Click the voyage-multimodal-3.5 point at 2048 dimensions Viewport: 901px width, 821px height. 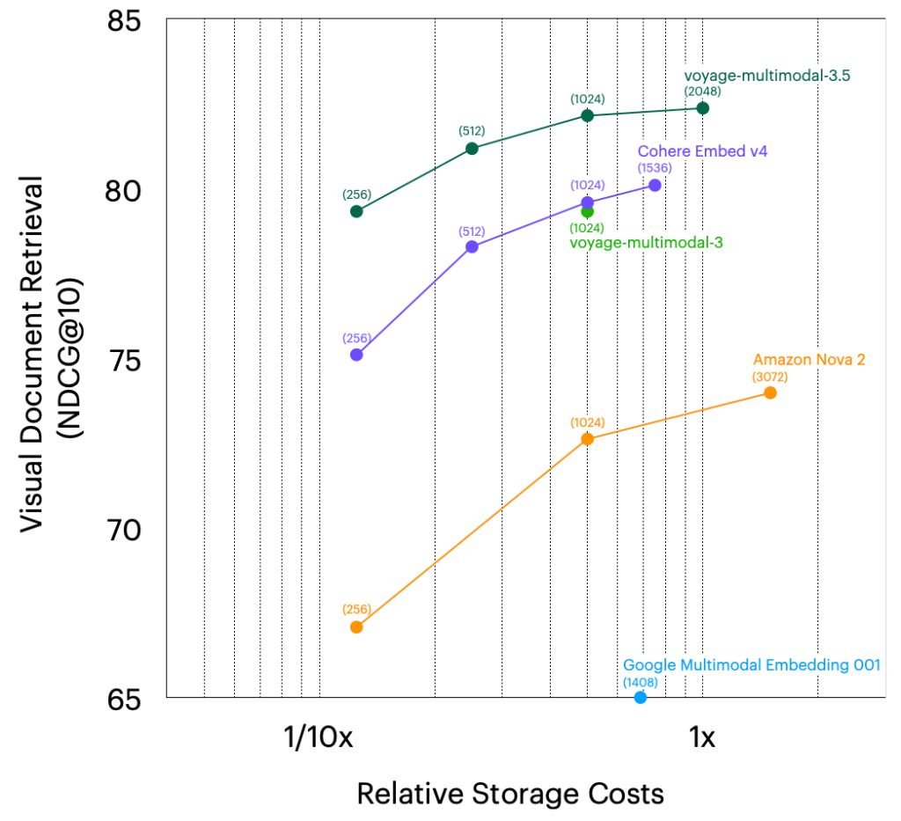coord(702,107)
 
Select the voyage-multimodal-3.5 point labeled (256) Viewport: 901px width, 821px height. coord(356,211)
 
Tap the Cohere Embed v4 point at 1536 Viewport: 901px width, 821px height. coord(654,185)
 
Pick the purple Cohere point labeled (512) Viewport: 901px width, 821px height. coord(472,246)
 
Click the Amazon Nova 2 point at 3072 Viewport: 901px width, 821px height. coord(770,392)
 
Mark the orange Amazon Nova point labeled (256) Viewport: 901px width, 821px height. coord(356,627)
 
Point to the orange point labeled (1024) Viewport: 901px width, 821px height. coord(587,438)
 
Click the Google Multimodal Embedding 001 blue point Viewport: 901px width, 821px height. coord(641,697)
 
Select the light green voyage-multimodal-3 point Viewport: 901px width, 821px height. coord(587,211)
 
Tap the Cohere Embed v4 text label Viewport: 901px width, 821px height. coord(702,151)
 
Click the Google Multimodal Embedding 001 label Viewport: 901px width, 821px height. coord(751,665)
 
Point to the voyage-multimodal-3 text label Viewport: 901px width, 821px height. coord(647,242)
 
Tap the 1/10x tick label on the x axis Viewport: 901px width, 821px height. coord(319,737)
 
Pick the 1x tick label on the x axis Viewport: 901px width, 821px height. coord(701,737)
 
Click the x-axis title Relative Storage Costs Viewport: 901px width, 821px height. coord(509,794)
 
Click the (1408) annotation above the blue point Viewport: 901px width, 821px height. coord(641,682)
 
